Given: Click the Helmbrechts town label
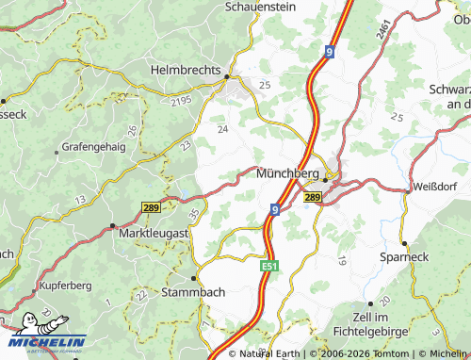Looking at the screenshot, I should coord(186,70).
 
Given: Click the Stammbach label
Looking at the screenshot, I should coord(195,292).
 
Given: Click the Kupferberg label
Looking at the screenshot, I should coord(63,284).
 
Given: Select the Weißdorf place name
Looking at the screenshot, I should coord(434,188).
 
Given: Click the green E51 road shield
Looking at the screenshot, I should coord(268,269).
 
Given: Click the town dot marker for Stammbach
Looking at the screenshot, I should coord(195,279).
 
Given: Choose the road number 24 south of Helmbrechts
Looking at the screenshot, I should coord(223,129).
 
